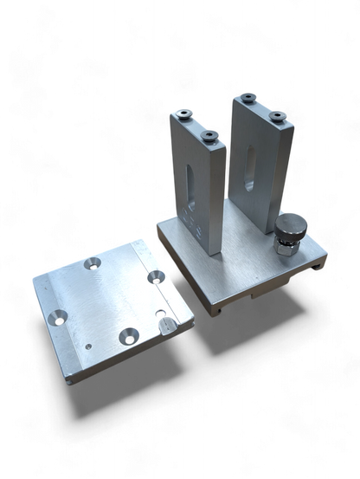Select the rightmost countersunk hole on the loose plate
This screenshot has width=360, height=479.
click(x=156, y=276)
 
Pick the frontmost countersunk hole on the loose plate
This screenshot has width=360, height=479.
click(x=128, y=333)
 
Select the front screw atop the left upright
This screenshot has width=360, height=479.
click(x=208, y=134)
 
